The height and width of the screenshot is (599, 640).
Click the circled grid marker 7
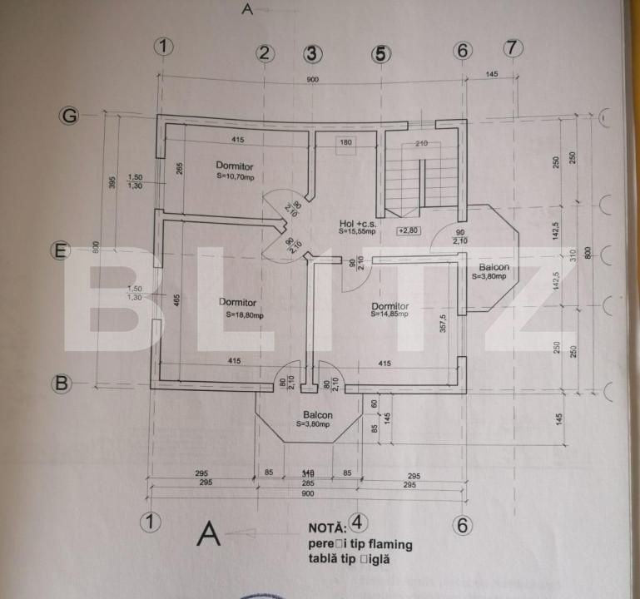[513, 48]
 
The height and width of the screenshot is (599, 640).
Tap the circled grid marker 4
[356, 522]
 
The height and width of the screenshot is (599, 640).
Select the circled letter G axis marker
[69, 116]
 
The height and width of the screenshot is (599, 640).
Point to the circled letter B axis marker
[59, 383]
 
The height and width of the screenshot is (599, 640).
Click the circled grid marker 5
[380, 53]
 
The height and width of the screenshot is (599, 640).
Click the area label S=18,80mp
[244, 315]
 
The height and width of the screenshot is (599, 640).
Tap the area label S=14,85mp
[390, 314]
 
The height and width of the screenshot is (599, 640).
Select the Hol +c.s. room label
[359, 223]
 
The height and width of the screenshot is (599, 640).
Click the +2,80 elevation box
[409, 230]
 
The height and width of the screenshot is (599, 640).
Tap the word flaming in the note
[386, 544]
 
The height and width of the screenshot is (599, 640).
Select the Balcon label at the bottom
[318, 414]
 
